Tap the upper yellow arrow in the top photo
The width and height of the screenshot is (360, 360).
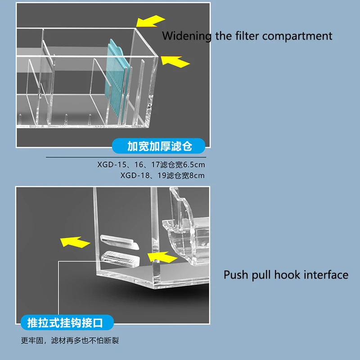coord(149,22)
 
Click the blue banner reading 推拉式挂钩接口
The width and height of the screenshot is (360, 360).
coord(67,322)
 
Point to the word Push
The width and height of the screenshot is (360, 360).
coord(234,274)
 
